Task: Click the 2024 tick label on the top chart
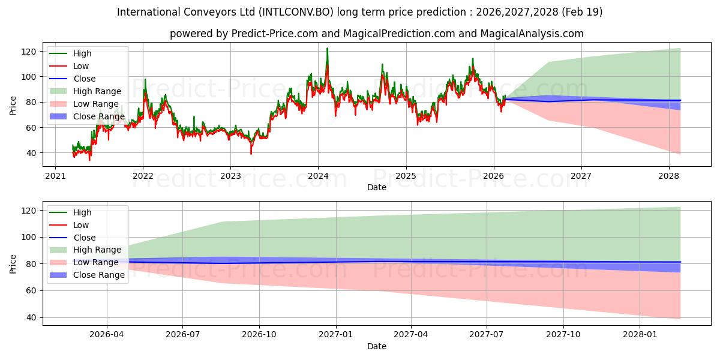(x=318, y=176)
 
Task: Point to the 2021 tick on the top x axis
(x=55, y=176)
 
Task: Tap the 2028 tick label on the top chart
(x=668, y=176)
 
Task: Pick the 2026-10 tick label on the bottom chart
(x=259, y=335)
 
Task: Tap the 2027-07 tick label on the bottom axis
(x=488, y=335)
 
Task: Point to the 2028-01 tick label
(x=640, y=335)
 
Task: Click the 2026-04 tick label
(x=107, y=335)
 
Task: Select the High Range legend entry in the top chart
(x=96, y=91)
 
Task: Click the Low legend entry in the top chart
(x=80, y=66)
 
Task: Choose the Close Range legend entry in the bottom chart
(x=98, y=275)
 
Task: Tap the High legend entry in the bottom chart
(x=82, y=212)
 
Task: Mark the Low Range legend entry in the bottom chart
(x=96, y=262)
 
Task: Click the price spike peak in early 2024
(x=327, y=49)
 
